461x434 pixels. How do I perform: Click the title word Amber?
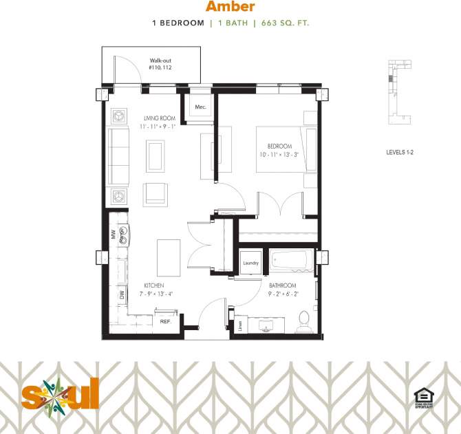tap(230, 7)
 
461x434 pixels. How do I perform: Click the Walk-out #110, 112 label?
tap(160, 65)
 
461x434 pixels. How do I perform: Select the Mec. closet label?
tap(201, 107)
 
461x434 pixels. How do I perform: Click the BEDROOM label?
tap(280, 146)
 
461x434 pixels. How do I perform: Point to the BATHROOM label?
tap(282, 285)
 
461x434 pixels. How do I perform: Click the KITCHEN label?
tap(153, 285)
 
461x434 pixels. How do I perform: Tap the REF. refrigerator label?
tap(165, 321)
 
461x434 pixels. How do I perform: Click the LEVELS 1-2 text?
tap(400, 152)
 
